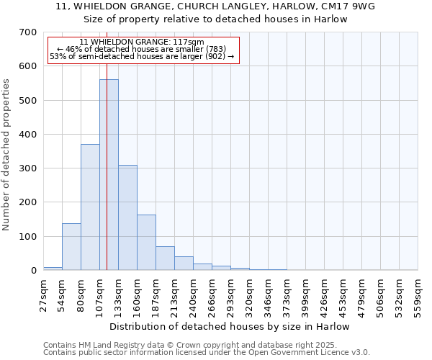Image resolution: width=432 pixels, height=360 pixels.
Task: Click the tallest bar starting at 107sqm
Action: pyautogui.click(x=109, y=175)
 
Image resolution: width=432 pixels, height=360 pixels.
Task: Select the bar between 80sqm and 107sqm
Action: pyautogui.click(x=90, y=207)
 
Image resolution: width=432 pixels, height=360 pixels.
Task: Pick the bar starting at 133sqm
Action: pyautogui.click(x=127, y=217)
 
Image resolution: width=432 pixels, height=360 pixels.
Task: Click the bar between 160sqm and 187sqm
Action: pyautogui.click(x=146, y=243)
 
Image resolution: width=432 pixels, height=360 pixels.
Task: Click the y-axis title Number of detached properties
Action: pyautogui.click(x=7, y=155)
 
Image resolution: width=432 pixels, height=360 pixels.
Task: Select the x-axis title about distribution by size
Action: pyautogui.click(x=230, y=326)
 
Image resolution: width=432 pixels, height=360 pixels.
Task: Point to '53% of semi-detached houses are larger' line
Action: pyautogui.click(x=142, y=56)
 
